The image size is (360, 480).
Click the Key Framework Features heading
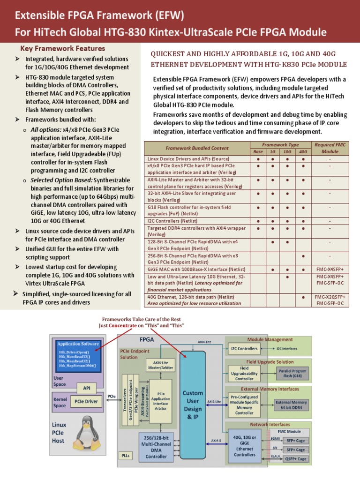coord(62,49)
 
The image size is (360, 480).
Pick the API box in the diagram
coord(87,388)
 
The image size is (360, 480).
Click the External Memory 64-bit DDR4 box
coord(291,405)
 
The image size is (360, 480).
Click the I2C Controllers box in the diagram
coord(244,348)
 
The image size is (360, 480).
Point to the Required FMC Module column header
coord(330,148)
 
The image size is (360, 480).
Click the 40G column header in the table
coord(303,152)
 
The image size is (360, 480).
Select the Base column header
coord(258,152)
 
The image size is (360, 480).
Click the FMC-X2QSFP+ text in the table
coord(330,297)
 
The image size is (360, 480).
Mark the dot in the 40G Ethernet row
coord(303,297)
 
